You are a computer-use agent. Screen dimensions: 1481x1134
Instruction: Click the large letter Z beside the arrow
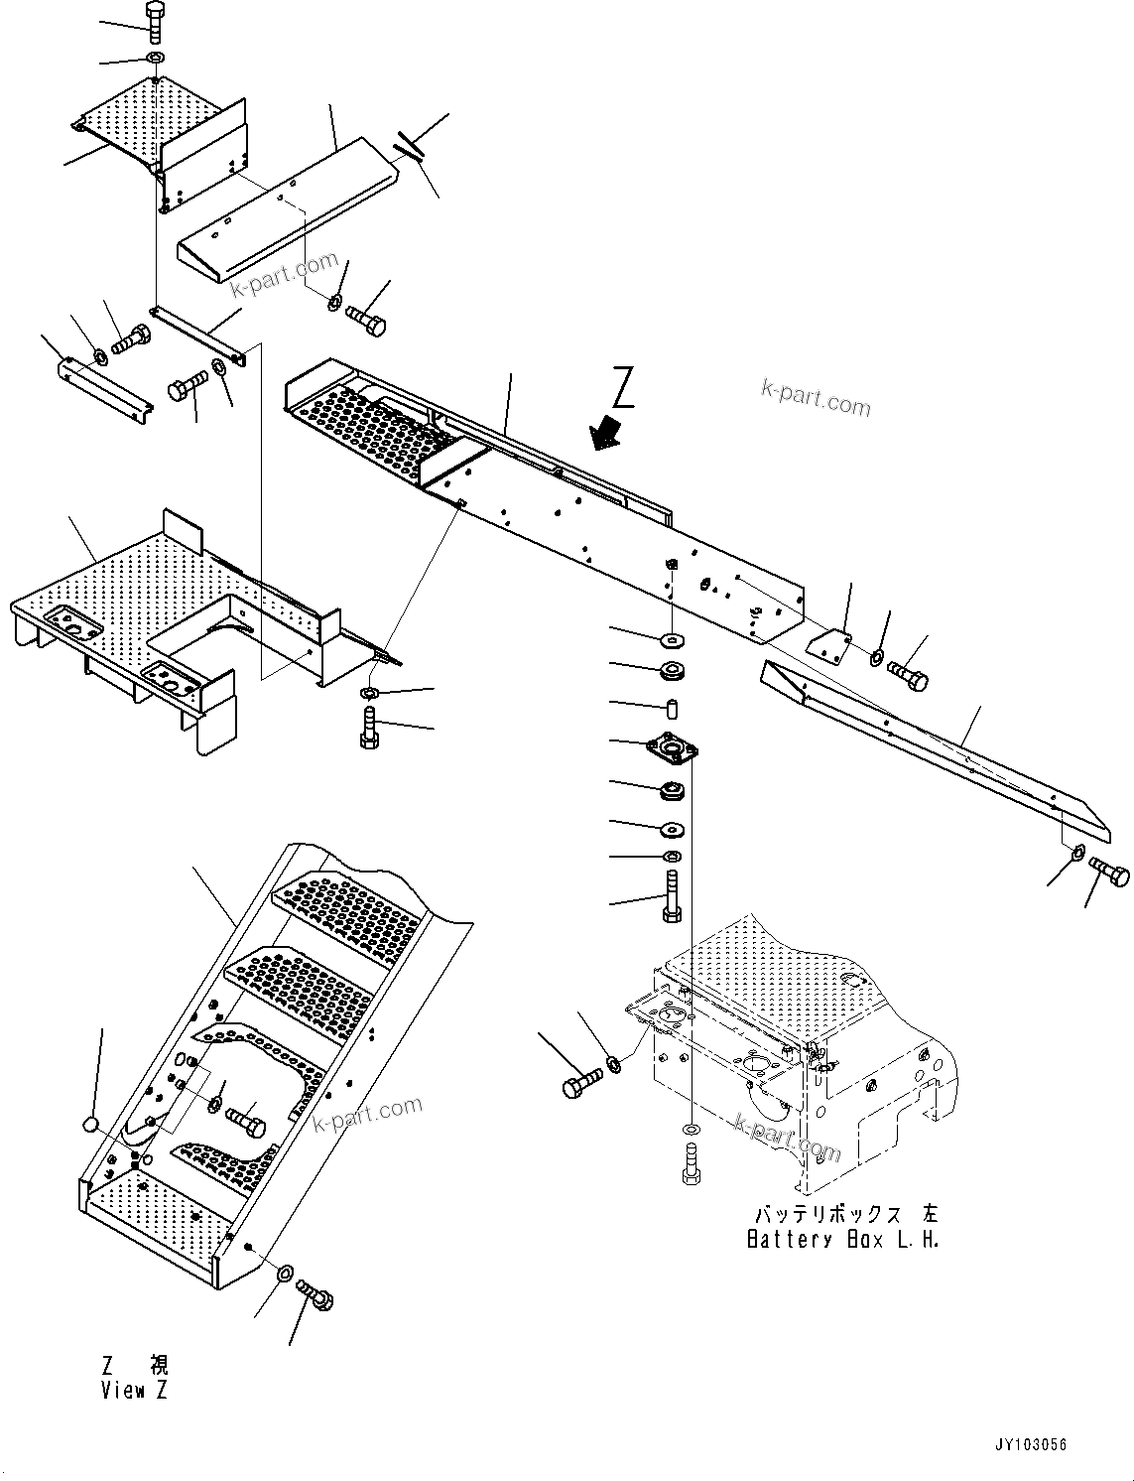point(623,388)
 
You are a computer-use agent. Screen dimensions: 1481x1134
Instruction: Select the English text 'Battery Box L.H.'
point(842,1240)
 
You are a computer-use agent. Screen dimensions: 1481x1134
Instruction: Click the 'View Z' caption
point(134,1391)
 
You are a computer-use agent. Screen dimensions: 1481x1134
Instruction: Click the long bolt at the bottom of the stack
point(671,896)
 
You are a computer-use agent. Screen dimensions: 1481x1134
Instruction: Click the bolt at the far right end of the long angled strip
point(1109,872)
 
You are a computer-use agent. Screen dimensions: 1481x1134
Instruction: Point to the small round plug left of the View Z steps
point(91,1124)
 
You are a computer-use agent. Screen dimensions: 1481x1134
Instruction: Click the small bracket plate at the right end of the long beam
point(826,645)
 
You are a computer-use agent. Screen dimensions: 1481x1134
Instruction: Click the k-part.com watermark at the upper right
point(816,399)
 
